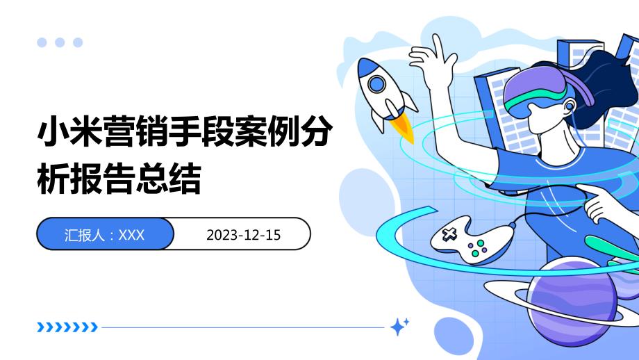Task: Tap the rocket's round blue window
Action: point(377,85)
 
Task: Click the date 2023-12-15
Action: point(243,235)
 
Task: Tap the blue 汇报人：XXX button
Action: point(104,235)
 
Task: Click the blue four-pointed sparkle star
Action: point(399,325)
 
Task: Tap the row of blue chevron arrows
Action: point(67,327)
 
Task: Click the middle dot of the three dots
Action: point(60,42)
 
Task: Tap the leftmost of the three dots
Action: point(42,42)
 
